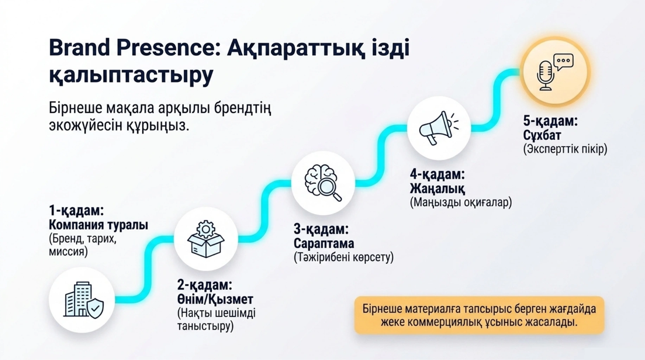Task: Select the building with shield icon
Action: click(84, 300)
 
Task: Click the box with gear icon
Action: click(206, 239)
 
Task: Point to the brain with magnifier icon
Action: click(323, 183)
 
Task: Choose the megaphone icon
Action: click(439, 128)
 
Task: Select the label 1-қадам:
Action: click(76, 211)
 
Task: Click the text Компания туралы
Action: click(98, 225)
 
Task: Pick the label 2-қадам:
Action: click(205, 285)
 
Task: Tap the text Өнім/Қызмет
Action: click(215, 299)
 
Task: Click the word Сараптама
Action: click(324, 243)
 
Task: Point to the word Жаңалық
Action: click(437, 189)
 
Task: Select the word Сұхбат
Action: click(542, 135)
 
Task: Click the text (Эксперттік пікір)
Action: click(565, 149)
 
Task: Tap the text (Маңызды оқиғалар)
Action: click(461, 202)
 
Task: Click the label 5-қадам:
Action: click(550, 121)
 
